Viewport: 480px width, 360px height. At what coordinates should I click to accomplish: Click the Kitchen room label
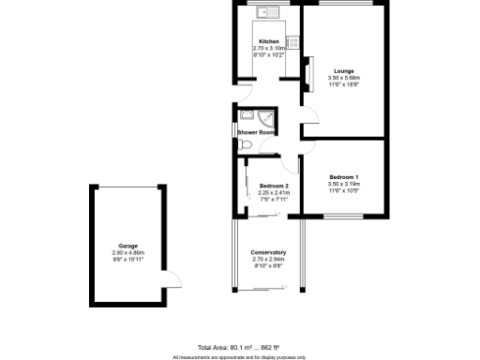[267, 41]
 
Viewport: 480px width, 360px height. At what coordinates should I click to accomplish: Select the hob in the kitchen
[292, 41]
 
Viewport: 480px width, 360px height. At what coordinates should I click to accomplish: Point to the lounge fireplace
[307, 72]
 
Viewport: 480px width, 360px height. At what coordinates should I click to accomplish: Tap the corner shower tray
[268, 117]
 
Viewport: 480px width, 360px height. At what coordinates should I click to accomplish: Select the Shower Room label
[255, 133]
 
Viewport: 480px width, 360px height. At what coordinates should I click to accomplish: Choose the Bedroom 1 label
[344, 177]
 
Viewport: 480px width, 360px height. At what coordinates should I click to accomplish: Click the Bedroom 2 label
[274, 186]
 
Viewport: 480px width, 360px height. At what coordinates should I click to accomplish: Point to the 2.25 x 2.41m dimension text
[274, 193]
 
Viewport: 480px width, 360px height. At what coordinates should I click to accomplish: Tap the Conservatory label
[268, 253]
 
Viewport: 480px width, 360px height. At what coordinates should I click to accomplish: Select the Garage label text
[127, 246]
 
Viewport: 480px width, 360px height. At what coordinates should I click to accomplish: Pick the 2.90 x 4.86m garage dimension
[127, 253]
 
